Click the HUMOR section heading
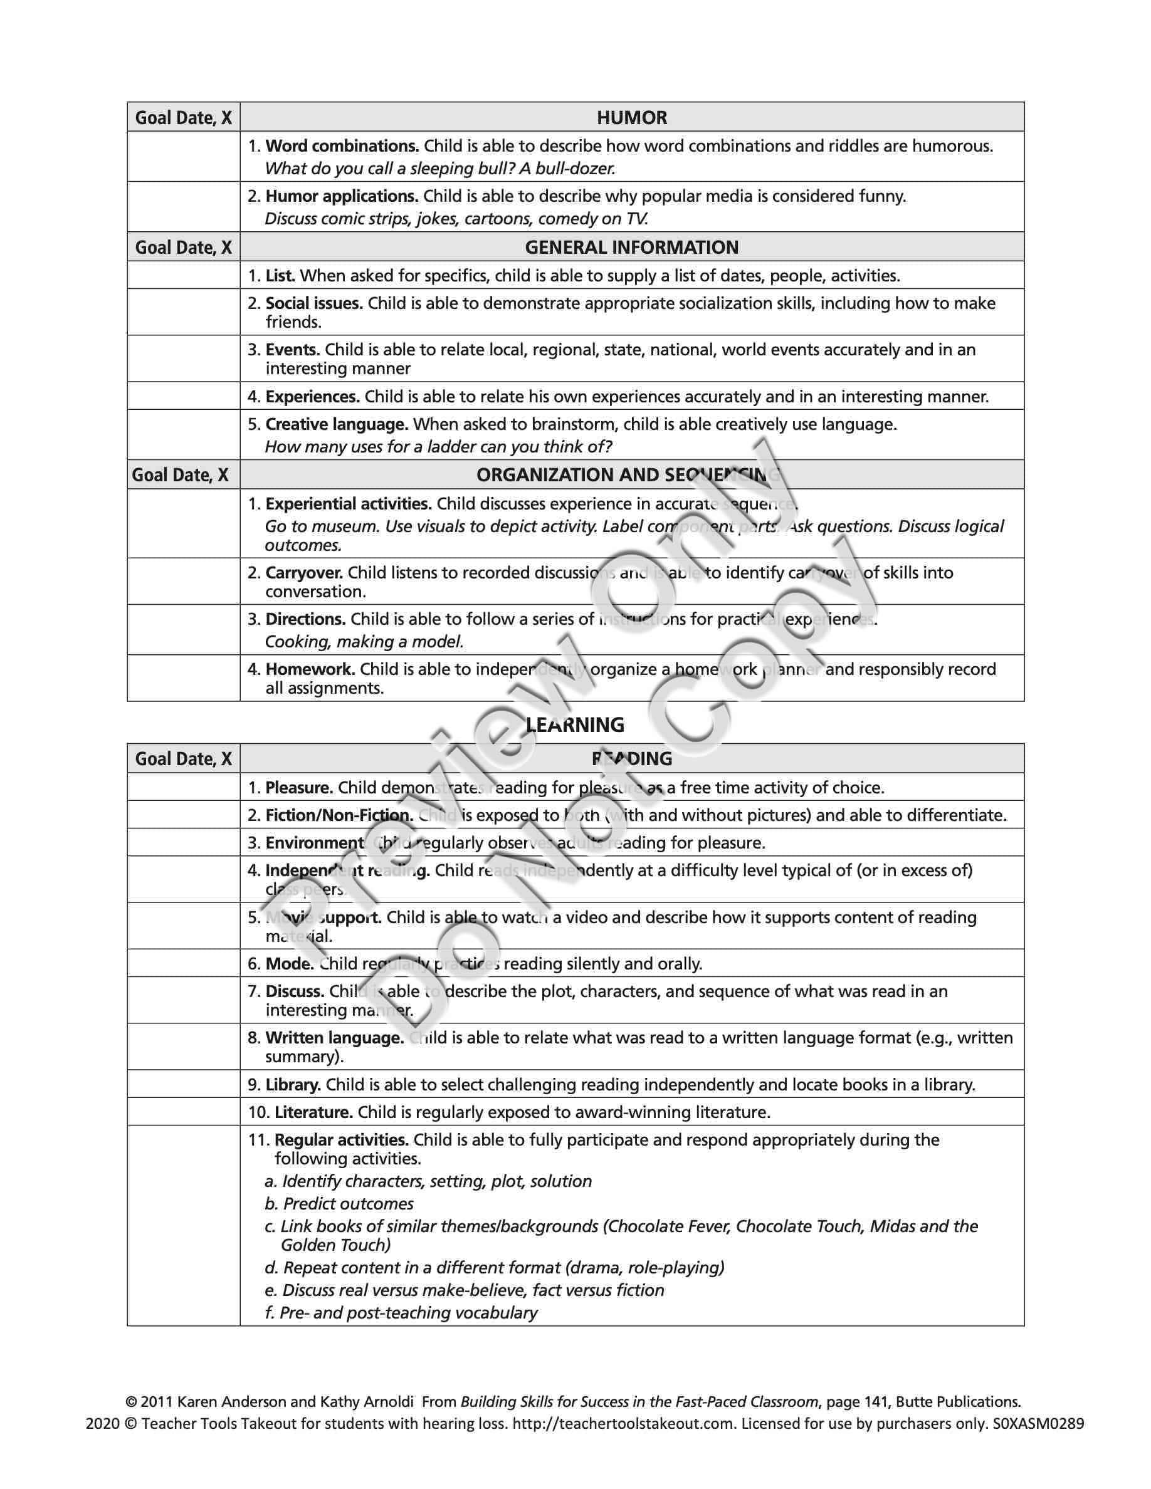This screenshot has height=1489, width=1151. click(x=631, y=117)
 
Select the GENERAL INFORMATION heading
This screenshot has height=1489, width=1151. click(x=631, y=247)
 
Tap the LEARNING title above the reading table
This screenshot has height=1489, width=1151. click(x=575, y=724)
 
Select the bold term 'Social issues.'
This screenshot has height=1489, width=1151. click(x=313, y=303)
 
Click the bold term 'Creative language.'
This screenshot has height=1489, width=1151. click(x=337, y=424)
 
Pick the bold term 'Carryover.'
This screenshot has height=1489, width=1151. click(x=304, y=573)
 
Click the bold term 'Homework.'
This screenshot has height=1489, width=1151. click(x=310, y=669)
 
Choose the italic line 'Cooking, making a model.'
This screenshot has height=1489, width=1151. click(x=364, y=642)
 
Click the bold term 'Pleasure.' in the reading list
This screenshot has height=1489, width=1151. click(x=299, y=788)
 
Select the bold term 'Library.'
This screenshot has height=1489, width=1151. click(x=293, y=1084)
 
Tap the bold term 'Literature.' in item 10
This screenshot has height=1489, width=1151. click(x=313, y=1112)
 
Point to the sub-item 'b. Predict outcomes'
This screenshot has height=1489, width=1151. click(x=339, y=1203)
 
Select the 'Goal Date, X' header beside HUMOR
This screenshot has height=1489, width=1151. click(x=184, y=117)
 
